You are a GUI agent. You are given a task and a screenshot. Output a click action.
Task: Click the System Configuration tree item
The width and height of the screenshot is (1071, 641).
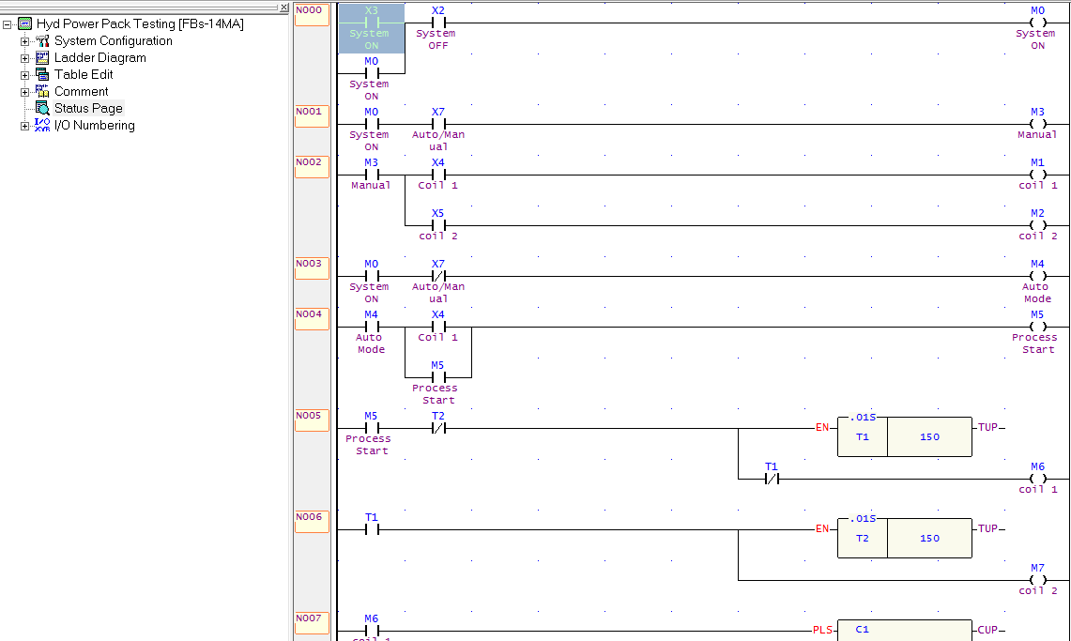pyautogui.click(x=113, y=41)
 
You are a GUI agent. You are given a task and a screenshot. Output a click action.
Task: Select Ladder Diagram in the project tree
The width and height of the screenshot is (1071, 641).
pyautogui.click(x=99, y=58)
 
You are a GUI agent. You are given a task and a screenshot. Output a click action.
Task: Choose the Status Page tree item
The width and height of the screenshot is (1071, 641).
pyautogui.click(x=87, y=109)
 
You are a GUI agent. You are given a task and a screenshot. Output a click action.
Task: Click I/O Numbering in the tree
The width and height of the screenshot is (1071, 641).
pyautogui.click(x=94, y=126)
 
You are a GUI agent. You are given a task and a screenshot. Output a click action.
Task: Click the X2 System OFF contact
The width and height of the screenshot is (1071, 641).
pyautogui.click(x=437, y=23)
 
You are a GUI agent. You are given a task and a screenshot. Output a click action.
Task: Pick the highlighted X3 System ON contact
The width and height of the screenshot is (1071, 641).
pyautogui.click(x=371, y=23)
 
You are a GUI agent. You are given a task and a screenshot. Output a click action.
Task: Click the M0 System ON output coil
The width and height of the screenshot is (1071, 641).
pyautogui.click(x=1036, y=23)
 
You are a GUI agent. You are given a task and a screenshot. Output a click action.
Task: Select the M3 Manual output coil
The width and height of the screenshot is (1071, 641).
pyautogui.click(x=1036, y=124)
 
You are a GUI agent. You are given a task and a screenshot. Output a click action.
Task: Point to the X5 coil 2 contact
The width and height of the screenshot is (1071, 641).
pyautogui.click(x=437, y=225)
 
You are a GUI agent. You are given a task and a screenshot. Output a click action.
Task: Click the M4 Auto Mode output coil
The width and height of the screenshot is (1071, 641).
pyautogui.click(x=1036, y=276)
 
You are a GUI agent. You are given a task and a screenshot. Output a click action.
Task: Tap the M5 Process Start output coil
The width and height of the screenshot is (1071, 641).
pyautogui.click(x=1036, y=327)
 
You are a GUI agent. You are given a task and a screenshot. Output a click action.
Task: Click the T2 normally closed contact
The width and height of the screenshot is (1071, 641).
pyautogui.click(x=437, y=428)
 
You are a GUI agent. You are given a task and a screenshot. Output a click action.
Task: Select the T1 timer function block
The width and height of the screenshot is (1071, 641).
pyautogui.click(x=904, y=436)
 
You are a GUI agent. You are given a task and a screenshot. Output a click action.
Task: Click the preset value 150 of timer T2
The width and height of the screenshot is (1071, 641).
pyautogui.click(x=929, y=539)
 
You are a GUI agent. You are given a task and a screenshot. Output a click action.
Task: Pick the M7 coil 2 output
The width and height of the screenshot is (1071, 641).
pyautogui.click(x=1036, y=580)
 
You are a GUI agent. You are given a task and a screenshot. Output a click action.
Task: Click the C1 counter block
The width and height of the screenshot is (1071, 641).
pyautogui.click(x=904, y=631)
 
